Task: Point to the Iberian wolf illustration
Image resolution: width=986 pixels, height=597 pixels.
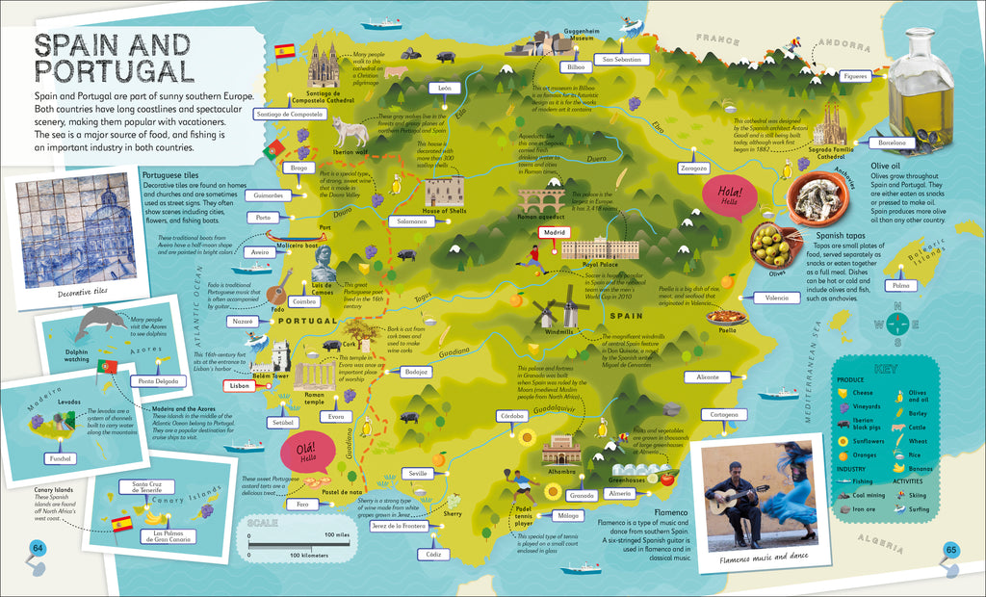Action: (x=350, y=132)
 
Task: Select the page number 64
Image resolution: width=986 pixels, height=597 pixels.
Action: (x=38, y=549)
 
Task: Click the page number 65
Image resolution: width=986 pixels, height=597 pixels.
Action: (x=949, y=550)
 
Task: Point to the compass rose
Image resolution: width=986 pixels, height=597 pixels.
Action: (x=899, y=324)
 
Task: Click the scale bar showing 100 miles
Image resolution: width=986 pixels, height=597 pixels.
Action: (x=293, y=545)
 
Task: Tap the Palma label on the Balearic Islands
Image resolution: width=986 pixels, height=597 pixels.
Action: (x=900, y=286)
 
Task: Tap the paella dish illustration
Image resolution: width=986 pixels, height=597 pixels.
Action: (x=728, y=315)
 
